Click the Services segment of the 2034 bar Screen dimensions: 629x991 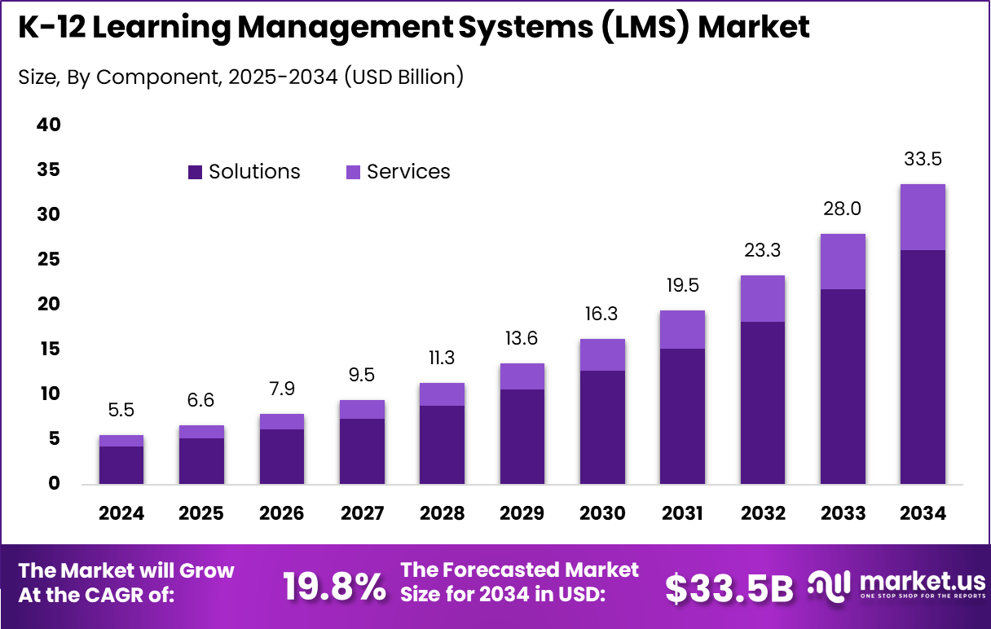923,217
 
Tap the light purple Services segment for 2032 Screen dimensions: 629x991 763,298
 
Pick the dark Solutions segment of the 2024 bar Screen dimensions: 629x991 121,464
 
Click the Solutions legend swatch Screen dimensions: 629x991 195,172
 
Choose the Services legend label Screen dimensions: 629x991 408,172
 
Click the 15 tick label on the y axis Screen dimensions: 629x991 49,350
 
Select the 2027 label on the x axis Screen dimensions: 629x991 362,513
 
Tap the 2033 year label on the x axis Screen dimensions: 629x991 843,513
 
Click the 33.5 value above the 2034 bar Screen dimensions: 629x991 923,160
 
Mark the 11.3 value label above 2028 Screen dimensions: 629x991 442,358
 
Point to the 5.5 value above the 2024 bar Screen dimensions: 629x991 121,411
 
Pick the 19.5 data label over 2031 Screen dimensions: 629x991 682,285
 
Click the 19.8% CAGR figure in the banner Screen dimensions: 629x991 334,587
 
